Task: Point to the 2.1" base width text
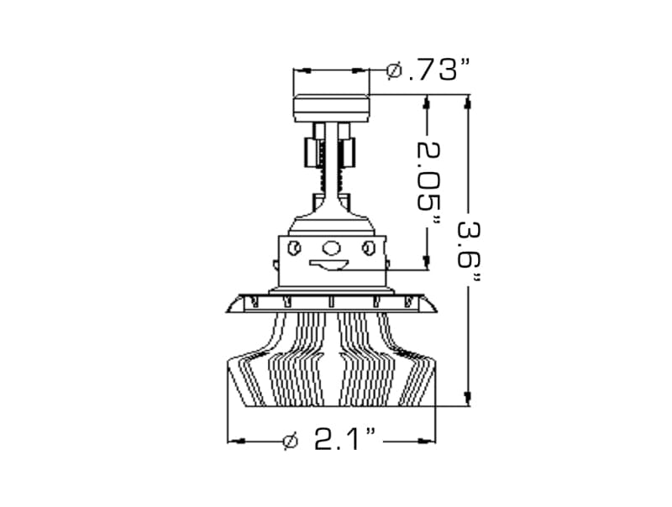[x=344, y=439]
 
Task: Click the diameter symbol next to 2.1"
[x=290, y=439]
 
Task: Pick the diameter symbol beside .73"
[x=394, y=71]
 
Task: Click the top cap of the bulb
[x=331, y=108]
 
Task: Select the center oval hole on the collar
[x=332, y=248]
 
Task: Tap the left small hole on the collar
[x=294, y=248]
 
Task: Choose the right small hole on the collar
[x=368, y=248]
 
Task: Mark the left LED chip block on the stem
[x=311, y=153]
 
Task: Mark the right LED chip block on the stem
[x=348, y=153]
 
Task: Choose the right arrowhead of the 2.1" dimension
[x=429, y=439]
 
